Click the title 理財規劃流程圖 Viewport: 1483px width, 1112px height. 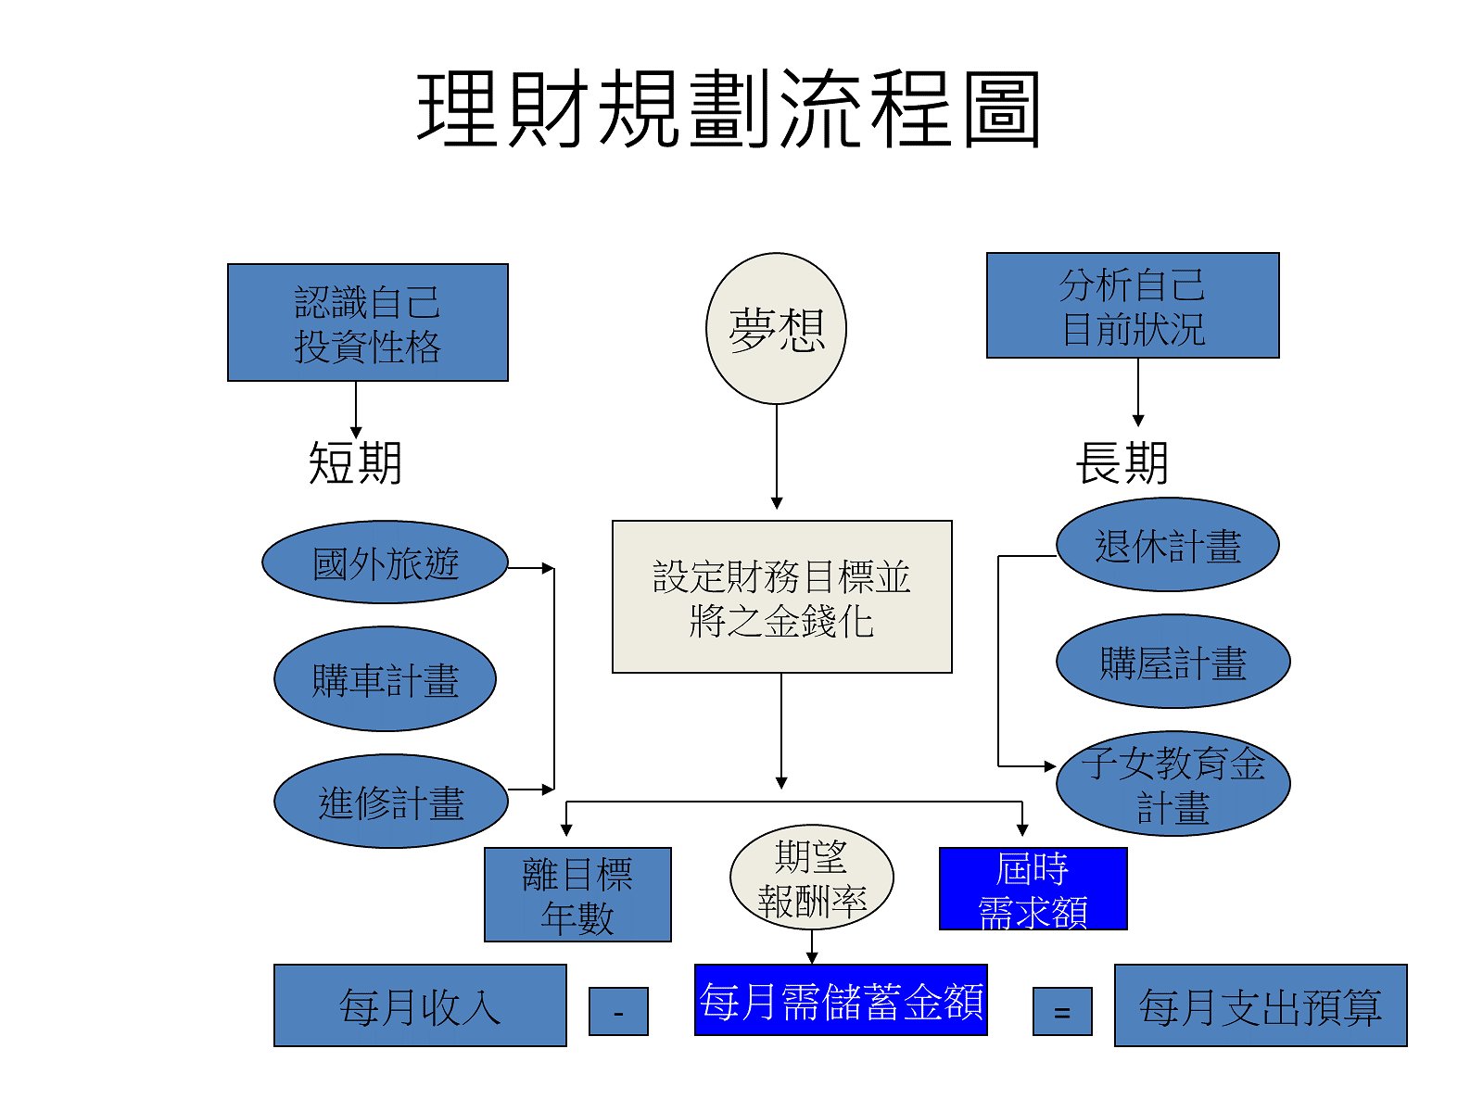click(x=729, y=109)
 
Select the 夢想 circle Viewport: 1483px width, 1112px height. click(x=776, y=329)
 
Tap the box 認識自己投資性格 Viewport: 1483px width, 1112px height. click(x=368, y=322)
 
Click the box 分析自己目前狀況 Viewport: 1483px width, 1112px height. click(x=1133, y=306)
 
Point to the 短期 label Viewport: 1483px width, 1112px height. click(x=355, y=462)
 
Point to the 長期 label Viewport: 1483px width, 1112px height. click(x=1122, y=462)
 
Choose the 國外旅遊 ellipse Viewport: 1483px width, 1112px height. click(x=386, y=562)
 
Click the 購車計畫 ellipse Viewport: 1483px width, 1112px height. click(x=385, y=679)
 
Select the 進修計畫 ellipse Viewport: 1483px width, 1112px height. click(x=390, y=802)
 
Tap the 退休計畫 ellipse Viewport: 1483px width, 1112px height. click(x=1168, y=545)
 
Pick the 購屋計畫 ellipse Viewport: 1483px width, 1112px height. click(x=1172, y=662)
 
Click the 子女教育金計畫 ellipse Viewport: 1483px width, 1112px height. click(x=1172, y=784)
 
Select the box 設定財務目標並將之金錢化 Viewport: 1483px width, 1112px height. click(x=781, y=597)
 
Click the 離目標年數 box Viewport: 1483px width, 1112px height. click(x=577, y=895)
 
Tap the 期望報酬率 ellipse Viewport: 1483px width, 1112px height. click(x=812, y=878)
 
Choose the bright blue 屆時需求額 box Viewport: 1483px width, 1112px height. click(x=1033, y=889)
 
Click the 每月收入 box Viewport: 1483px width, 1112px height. click(x=420, y=1005)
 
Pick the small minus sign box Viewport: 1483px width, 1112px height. click(x=618, y=1011)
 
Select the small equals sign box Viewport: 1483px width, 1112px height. click(x=1062, y=1011)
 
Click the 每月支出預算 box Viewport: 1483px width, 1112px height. click(x=1261, y=1005)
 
